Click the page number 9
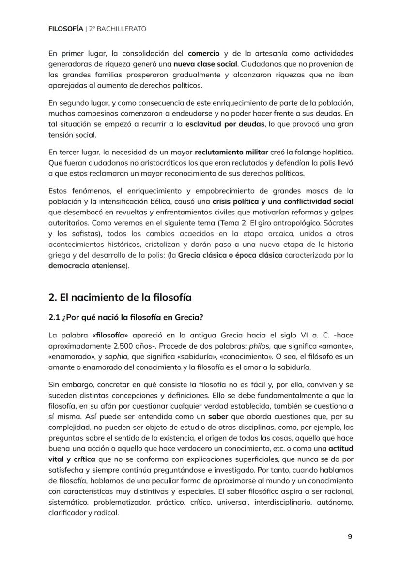(x=350, y=536)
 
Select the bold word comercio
(x=203, y=53)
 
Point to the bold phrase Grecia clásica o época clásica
(x=230, y=255)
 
